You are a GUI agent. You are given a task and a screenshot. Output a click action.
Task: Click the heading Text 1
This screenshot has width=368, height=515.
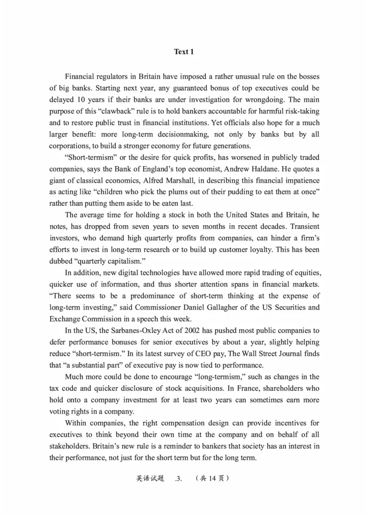click(x=184, y=52)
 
